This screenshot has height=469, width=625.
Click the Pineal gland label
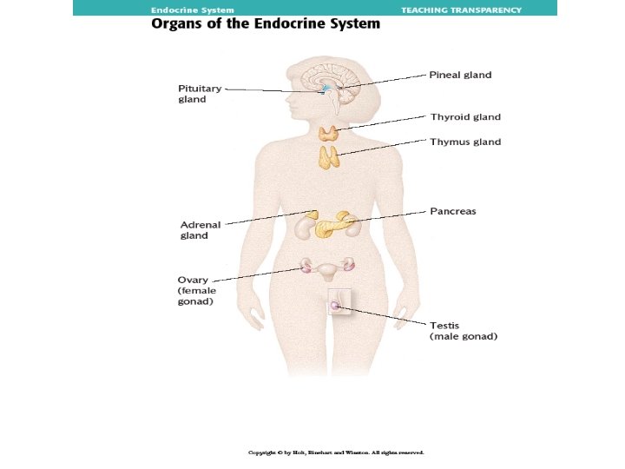pos(460,75)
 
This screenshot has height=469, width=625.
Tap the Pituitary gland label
pos(200,94)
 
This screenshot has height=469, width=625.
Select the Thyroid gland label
pos(465,116)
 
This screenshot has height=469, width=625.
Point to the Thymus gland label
pos(465,142)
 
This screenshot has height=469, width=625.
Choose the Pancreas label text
pos(453,211)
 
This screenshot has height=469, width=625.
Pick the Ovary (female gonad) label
pos(195,291)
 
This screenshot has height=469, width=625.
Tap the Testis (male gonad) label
pos(464,330)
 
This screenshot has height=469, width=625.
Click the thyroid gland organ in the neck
pos(328,133)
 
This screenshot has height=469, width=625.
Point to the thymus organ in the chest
pos(328,157)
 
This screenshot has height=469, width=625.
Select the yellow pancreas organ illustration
pos(337,226)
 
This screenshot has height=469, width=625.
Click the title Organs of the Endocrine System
pos(266,24)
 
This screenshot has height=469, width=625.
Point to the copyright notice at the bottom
pos(336,452)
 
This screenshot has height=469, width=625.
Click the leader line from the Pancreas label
pos(391,215)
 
